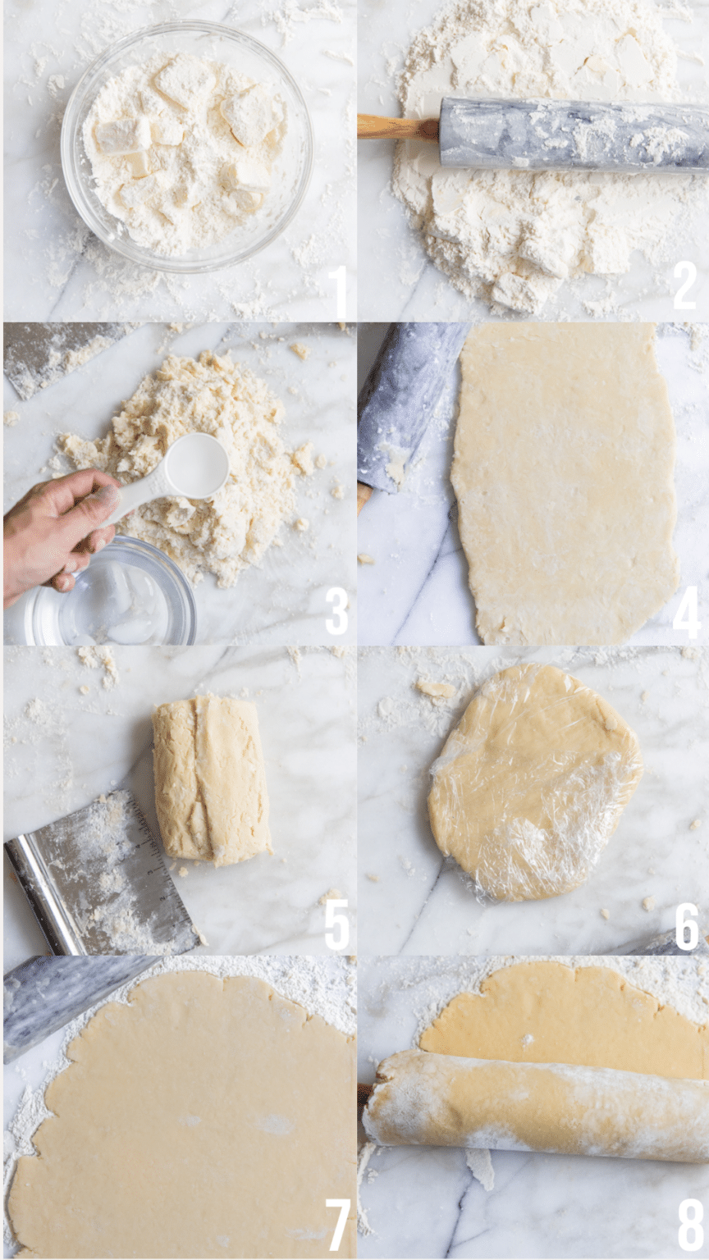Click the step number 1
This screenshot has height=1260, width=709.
pos(336,290)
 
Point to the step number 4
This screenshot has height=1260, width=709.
pos(686,612)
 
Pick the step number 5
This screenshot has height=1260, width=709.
pos(336,924)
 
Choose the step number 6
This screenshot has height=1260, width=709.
pos(686,925)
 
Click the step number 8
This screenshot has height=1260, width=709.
pos(689,1226)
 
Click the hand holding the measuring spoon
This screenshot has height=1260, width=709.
pos(53,525)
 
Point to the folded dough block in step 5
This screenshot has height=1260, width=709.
pos(211,779)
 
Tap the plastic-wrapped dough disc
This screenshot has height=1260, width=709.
pos(533,783)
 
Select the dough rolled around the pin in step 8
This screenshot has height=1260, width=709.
pos(533,1103)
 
